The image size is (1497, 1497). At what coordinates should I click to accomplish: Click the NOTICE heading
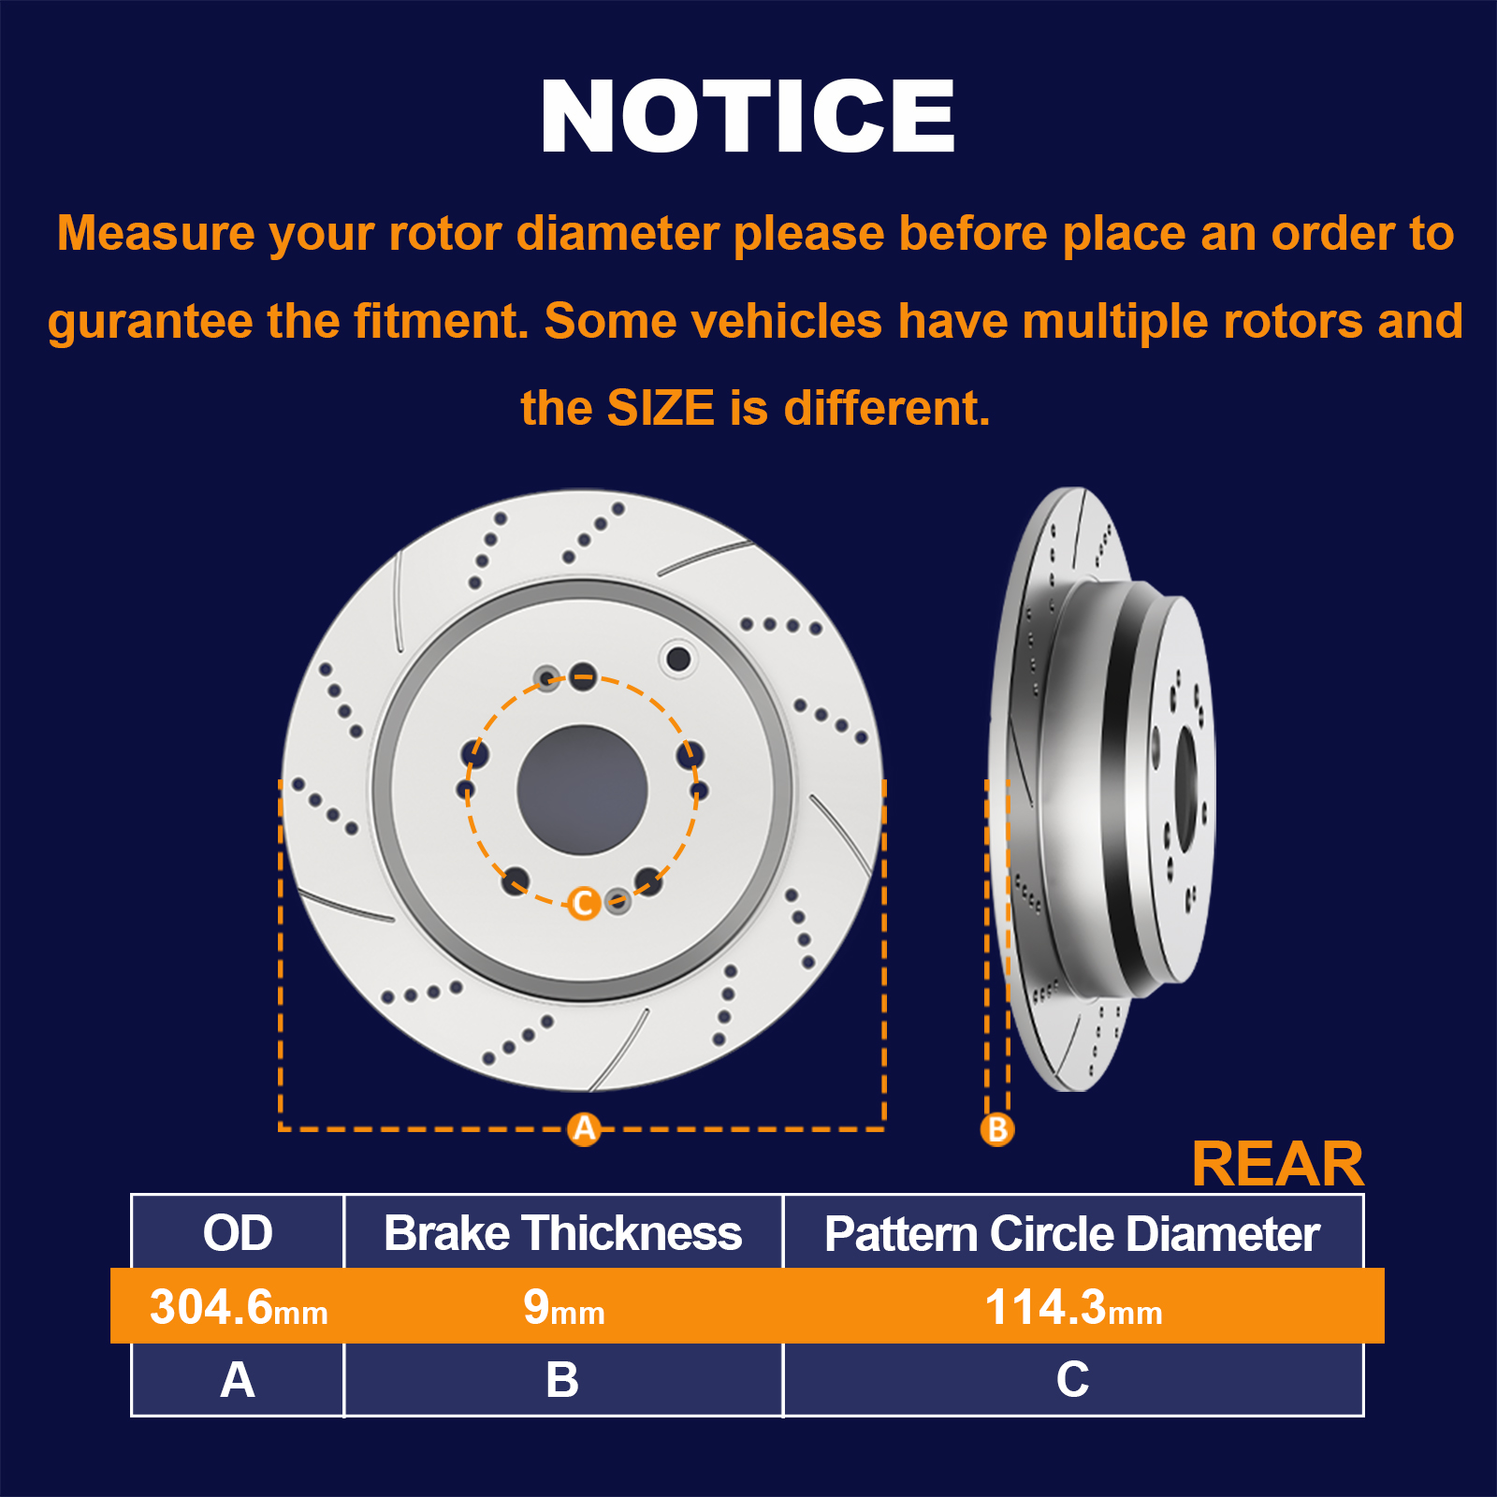pyautogui.click(x=748, y=116)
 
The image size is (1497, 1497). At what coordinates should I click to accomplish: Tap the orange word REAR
pyautogui.click(x=1278, y=1164)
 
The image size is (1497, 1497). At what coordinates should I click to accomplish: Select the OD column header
pyautogui.click(x=238, y=1232)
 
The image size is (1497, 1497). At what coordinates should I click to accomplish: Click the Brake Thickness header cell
pyautogui.click(x=562, y=1232)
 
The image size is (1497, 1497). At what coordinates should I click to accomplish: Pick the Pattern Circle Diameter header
pyautogui.click(x=1072, y=1233)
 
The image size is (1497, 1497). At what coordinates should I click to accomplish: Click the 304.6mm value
pyautogui.click(x=239, y=1306)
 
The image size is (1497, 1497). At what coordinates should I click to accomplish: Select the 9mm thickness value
pyautogui.click(x=564, y=1306)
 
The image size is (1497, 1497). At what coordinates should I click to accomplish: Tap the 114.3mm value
pyautogui.click(x=1073, y=1306)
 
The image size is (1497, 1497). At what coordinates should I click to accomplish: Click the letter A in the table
pyautogui.click(x=238, y=1379)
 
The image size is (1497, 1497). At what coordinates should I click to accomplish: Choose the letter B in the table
pyautogui.click(x=562, y=1379)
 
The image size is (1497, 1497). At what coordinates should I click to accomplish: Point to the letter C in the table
pyautogui.click(x=1072, y=1379)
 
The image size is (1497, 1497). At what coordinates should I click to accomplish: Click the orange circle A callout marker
pyautogui.click(x=585, y=1128)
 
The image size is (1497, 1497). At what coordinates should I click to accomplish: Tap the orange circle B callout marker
pyautogui.click(x=997, y=1128)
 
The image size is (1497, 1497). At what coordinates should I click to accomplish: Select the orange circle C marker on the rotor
pyautogui.click(x=584, y=903)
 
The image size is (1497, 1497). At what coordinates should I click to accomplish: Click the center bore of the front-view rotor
pyautogui.click(x=582, y=790)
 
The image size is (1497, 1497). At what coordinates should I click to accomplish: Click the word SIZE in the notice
pyautogui.click(x=661, y=408)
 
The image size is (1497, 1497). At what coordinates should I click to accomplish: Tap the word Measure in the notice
pyautogui.click(x=155, y=233)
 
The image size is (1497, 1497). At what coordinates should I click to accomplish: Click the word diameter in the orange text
pyautogui.click(x=618, y=233)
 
